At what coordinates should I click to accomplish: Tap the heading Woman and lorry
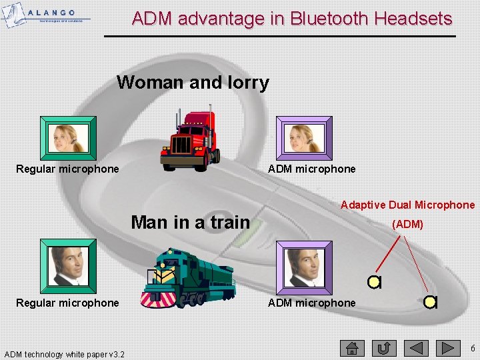tap(193, 83)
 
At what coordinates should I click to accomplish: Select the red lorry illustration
tap(190, 139)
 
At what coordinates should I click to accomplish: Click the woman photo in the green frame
tap(68, 138)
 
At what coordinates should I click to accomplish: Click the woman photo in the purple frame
tap(304, 138)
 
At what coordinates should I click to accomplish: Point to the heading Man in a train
tap(190, 222)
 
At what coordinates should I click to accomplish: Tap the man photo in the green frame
tap(68, 265)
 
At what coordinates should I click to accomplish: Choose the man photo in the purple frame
tap(304, 266)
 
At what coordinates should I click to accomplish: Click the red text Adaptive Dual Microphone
tap(407, 205)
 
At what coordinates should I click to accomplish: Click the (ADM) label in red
tap(407, 225)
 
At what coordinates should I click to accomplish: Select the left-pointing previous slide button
tap(416, 348)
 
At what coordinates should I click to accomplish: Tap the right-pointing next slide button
tap(448, 348)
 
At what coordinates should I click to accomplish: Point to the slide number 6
tap(472, 348)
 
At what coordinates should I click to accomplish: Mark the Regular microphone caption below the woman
tap(67, 169)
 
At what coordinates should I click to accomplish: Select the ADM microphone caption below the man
tap(311, 303)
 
